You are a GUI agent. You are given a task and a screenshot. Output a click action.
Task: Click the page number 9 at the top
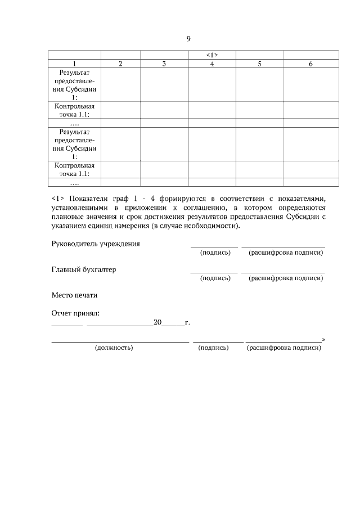coord(188,39)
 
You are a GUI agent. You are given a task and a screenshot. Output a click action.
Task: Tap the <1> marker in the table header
coord(211,55)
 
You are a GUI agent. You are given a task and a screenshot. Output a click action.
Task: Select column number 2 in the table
coord(120,64)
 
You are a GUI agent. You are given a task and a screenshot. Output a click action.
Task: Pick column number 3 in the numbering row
coord(164,64)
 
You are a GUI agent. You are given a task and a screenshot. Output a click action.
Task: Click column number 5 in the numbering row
coord(259,64)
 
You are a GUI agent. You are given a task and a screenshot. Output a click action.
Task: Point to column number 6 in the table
coord(310,64)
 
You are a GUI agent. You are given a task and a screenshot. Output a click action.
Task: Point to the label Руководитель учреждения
coord(96,244)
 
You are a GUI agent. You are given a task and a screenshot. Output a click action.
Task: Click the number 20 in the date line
coord(157,323)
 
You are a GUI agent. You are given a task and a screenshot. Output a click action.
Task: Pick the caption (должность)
coord(114,348)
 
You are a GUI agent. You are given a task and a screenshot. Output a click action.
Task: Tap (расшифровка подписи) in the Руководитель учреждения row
coord(286,253)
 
